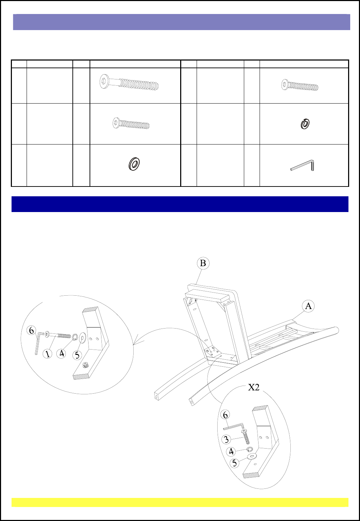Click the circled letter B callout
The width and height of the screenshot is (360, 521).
pos(203,263)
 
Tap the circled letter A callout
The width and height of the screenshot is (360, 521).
pos(308,306)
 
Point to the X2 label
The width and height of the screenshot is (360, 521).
pos(254,387)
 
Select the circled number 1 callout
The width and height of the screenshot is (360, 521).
pos(48,354)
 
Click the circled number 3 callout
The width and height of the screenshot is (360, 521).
pos(226,439)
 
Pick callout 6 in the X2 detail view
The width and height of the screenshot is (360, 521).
pos(225,415)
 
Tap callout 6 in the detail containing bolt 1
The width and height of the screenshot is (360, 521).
pos(31,331)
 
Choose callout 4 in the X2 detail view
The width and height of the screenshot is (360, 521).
pos(231,452)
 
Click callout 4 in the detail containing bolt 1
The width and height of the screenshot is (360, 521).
pos(62,353)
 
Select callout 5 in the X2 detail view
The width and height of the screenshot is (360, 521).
pos(235,463)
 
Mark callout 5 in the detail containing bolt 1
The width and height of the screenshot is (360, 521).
pos(77,355)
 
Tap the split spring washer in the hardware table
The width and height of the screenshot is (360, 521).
pos(305,124)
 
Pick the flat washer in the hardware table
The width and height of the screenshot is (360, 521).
pos(134,164)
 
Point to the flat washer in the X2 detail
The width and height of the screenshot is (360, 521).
pos(252,457)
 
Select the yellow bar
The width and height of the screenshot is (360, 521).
pos(180,502)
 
